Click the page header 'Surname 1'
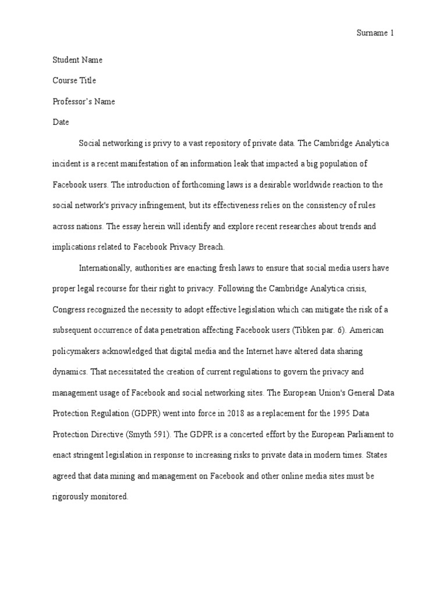(375, 33)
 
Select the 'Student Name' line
(77, 59)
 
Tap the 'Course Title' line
(74, 80)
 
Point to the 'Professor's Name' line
(84, 101)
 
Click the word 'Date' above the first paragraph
(61, 122)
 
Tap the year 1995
(354, 413)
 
